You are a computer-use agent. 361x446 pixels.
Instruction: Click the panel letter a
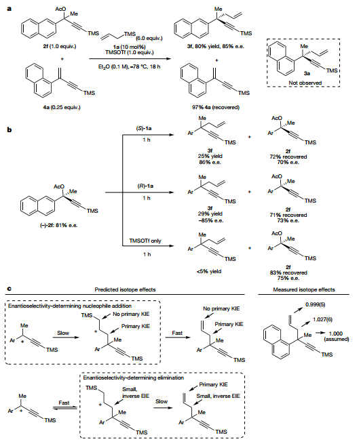pyautogui.click(x=9, y=9)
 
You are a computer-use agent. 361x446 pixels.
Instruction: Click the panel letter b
pyautogui.click(x=9, y=130)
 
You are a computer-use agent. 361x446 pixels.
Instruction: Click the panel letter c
pyautogui.click(x=9, y=289)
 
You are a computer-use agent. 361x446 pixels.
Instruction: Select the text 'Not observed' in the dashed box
pyautogui.click(x=305, y=83)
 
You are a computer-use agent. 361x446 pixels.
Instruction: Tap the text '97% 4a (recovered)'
pyautogui.click(x=216, y=107)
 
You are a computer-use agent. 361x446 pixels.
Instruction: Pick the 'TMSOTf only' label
pyautogui.click(x=145, y=241)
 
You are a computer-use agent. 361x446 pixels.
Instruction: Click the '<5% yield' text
pyautogui.click(x=209, y=271)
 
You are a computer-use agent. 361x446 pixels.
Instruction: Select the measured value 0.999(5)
pyautogui.click(x=315, y=304)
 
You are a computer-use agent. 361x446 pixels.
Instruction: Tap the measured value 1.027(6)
pyautogui.click(x=322, y=319)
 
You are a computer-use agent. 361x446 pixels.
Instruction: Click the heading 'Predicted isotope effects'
pyautogui.click(x=125, y=289)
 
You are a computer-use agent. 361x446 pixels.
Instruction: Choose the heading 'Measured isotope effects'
pyautogui.click(x=304, y=289)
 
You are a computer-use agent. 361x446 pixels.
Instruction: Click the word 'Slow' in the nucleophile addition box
pyautogui.click(x=63, y=333)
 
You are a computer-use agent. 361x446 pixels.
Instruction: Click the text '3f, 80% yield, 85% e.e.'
pyautogui.click(x=216, y=46)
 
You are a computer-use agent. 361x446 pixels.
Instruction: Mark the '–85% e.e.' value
pyautogui.click(x=211, y=220)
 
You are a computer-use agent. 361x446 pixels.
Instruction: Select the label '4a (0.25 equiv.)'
pyautogui.click(x=62, y=107)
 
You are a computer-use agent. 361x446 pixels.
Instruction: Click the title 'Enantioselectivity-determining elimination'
pyautogui.click(x=133, y=378)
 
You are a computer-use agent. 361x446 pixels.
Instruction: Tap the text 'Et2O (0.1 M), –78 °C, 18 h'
pyautogui.click(x=129, y=67)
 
